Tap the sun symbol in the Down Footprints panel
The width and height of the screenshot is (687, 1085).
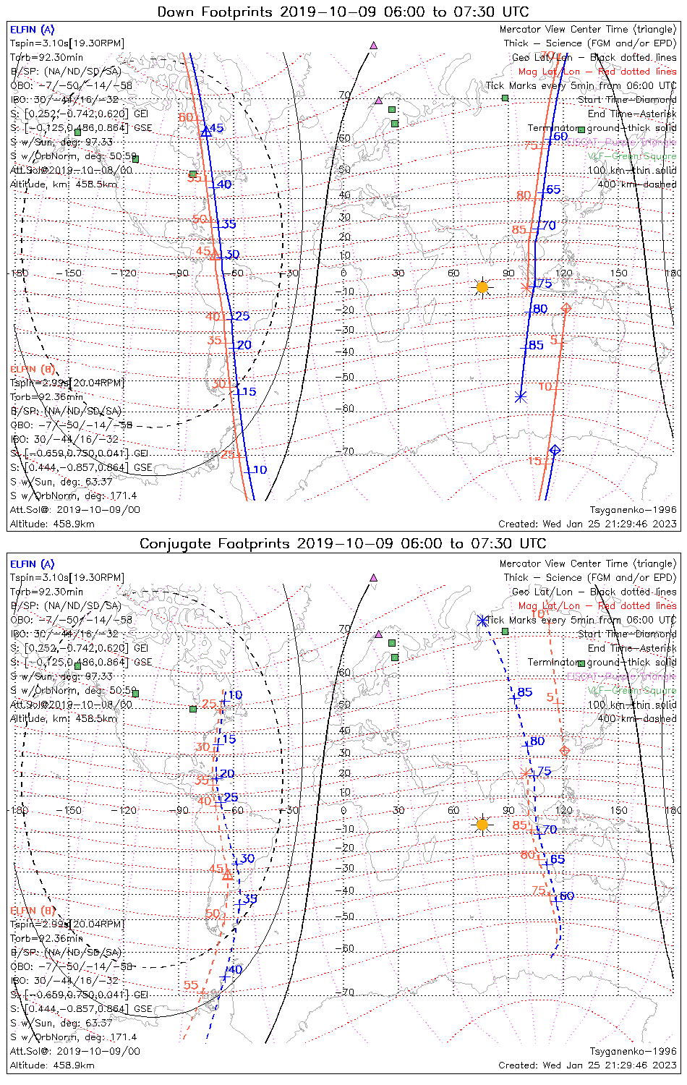[x=482, y=287]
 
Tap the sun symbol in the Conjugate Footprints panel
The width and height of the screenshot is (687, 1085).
[x=482, y=824]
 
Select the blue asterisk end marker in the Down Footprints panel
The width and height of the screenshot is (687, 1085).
[x=521, y=396]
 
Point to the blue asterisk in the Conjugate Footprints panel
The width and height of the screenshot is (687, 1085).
[x=482, y=621]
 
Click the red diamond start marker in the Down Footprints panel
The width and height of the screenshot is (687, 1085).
[x=566, y=309]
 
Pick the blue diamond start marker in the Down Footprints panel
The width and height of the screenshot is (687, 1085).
[x=555, y=450]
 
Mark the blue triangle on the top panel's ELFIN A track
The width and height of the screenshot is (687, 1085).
[x=206, y=131]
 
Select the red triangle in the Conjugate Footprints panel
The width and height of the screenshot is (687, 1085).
[x=227, y=875]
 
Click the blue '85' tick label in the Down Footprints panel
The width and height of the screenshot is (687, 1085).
[x=536, y=345]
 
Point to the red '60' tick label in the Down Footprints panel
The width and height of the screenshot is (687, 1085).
[x=185, y=117]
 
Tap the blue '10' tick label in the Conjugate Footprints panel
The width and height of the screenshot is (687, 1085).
[x=235, y=695]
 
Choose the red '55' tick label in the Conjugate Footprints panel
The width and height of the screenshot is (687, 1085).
[x=191, y=985]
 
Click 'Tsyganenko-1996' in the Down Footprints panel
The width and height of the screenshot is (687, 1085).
[x=633, y=510]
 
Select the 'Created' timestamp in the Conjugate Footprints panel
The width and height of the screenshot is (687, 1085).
[x=587, y=1065]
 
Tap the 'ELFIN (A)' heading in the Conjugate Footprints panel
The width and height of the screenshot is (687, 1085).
[x=33, y=564]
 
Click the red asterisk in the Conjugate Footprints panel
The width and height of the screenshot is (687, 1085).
[x=526, y=773]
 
